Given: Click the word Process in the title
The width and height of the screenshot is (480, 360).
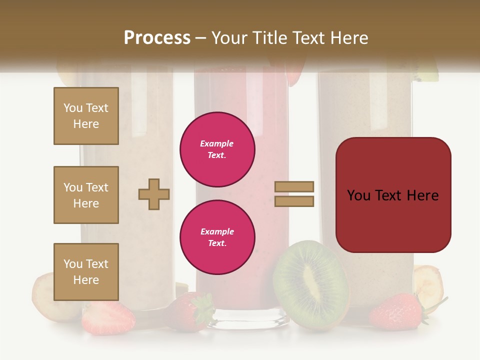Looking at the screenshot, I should click(157, 37).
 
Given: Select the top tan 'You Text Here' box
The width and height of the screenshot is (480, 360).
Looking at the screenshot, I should click(86, 116).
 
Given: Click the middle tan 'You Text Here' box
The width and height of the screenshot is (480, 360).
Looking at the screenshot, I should click(86, 195).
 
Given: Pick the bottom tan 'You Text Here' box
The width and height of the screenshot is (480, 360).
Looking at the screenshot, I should click(86, 272).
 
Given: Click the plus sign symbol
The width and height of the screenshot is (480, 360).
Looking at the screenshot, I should click(154, 194).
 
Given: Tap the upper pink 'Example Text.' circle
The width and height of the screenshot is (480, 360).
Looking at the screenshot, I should click(217, 149).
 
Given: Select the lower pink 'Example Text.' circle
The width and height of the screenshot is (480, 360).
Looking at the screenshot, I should click(217, 237).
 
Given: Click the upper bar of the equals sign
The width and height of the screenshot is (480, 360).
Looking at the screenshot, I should click(294, 187).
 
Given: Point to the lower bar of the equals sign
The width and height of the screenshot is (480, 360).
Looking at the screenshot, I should click(294, 201).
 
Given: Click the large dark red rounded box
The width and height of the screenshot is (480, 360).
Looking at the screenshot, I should click(393, 194).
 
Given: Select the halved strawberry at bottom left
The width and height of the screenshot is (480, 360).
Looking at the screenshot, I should click(108, 317).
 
